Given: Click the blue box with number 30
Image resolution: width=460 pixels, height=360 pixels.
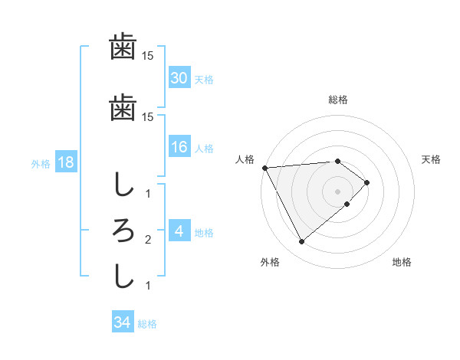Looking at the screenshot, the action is click(179, 78).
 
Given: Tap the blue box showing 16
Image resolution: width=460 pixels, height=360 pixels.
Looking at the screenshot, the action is click(179, 147).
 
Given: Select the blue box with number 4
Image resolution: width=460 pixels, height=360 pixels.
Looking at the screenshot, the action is click(179, 231).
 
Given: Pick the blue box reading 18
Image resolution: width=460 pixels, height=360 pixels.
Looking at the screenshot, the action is click(65, 163).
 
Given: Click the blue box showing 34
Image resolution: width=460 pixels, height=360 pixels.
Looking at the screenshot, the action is click(122, 322).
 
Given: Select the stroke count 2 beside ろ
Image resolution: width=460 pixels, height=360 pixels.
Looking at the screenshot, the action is click(148, 240).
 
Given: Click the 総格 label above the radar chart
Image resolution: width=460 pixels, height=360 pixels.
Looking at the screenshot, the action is click(338, 100).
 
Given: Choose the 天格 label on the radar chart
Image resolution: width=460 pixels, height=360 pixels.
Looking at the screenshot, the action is click(431, 159).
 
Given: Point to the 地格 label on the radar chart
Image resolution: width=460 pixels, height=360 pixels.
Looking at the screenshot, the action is click(402, 262).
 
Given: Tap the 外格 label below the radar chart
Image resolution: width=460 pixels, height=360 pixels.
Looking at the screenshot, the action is click(270, 262).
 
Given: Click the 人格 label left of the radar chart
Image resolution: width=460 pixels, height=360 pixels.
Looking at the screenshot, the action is click(245, 159).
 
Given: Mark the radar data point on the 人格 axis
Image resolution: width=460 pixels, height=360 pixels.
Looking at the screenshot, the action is click(264, 168).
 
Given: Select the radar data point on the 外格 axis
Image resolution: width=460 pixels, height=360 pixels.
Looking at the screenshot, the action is click(301, 242).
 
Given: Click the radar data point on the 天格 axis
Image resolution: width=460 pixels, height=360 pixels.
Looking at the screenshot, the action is click(367, 182).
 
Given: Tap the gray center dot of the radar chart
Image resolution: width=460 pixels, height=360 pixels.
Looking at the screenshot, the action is click(338, 191).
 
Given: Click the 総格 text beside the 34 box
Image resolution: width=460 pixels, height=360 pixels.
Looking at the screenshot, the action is click(147, 324).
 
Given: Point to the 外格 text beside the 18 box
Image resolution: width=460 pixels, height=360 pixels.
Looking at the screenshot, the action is click(41, 164).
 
